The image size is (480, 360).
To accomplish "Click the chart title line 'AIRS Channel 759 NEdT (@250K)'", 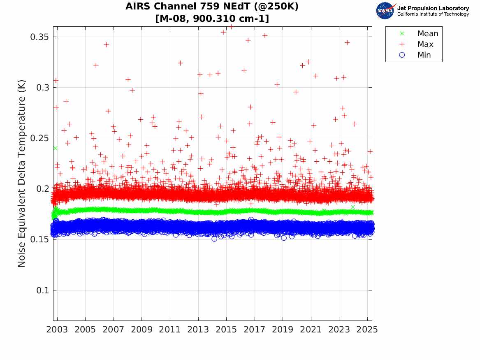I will tap(212, 7).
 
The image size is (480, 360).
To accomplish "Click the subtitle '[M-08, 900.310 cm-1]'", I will tap(212, 19).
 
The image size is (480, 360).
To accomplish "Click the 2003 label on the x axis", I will tap(57, 330).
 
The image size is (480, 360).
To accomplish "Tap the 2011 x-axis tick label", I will tap(170, 330).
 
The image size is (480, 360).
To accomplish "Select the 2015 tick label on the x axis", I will tap(226, 330).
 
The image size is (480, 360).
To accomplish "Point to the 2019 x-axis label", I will tap(283, 330).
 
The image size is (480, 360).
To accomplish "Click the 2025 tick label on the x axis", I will tap(367, 330).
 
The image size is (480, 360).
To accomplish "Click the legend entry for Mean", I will tap(427, 34).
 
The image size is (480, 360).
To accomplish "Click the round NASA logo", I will tap(385, 11).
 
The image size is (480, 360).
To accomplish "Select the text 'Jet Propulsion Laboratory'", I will tap(433, 8).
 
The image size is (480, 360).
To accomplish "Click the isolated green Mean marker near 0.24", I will tap(55, 148).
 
